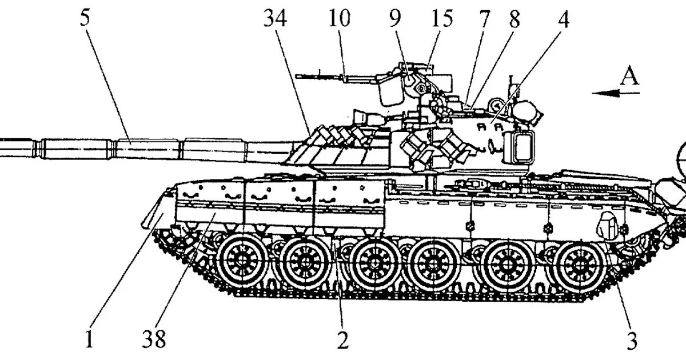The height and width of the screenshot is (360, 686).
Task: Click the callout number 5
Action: [84, 18]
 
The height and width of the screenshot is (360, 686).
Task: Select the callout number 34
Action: [275, 18]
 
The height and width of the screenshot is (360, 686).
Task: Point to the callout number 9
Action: [396, 18]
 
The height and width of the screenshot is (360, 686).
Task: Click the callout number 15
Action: [441, 18]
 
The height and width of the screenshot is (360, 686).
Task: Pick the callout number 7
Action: [485, 18]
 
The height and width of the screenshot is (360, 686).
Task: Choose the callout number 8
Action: [514, 18]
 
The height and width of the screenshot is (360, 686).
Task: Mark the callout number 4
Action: [563, 18]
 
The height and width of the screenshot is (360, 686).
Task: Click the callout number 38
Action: [154, 341]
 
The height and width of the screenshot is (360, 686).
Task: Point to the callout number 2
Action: [342, 341]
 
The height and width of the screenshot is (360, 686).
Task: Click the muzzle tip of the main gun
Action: [2, 146]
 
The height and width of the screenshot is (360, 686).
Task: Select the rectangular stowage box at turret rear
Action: [520, 145]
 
